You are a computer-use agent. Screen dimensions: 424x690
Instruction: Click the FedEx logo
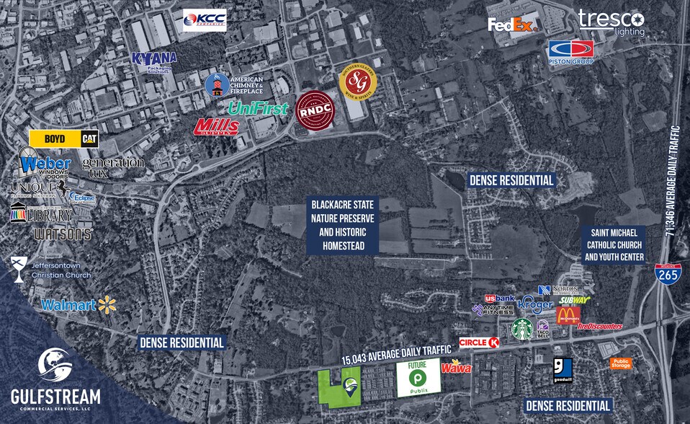click(x=514, y=25)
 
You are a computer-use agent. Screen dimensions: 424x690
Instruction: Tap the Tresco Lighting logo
click(x=611, y=22)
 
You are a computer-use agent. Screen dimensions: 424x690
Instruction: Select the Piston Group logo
click(x=570, y=52)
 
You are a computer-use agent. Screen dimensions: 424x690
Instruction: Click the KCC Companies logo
click(x=205, y=20)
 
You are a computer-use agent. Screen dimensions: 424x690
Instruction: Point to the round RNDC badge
click(x=315, y=110)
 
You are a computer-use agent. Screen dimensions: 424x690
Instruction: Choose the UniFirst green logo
click(x=258, y=108)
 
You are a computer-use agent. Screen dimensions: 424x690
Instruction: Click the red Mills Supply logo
click(x=217, y=126)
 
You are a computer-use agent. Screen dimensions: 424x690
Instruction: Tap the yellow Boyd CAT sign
click(x=63, y=138)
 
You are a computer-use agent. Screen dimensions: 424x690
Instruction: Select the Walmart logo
click(x=79, y=304)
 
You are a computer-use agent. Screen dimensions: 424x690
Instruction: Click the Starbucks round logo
click(x=521, y=329)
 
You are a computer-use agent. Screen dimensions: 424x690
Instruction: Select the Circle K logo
click(x=480, y=343)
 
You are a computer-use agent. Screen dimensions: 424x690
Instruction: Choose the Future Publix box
click(x=419, y=379)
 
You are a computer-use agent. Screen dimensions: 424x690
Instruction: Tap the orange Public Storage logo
click(x=620, y=363)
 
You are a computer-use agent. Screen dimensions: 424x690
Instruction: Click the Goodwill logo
click(x=563, y=369)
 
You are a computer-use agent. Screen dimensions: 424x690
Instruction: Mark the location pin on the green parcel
click(x=351, y=388)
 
